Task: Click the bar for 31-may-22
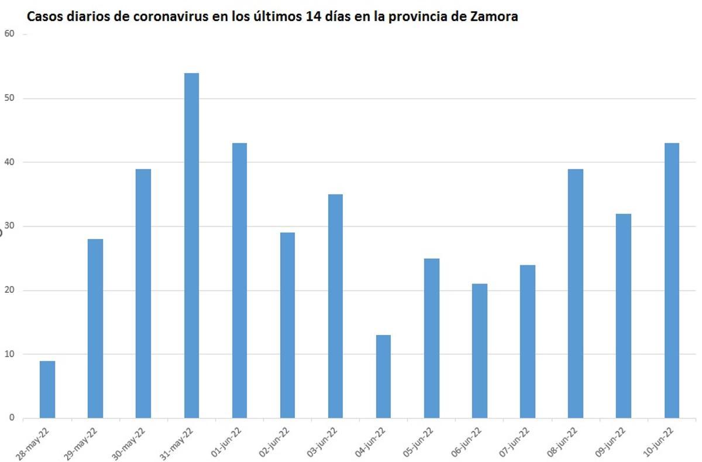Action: pos(191,246)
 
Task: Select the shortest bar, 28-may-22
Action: pos(47,389)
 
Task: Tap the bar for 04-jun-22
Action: pos(383,377)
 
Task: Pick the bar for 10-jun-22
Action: pos(672,280)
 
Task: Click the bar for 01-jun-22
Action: pos(239,280)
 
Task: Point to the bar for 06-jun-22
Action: pos(480,351)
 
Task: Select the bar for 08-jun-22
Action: pos(576,293)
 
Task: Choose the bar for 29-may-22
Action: pos(95,328)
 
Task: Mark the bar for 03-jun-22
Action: pos(335,306)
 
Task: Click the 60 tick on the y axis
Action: pos(9,34)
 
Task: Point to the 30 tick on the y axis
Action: pos(9,226)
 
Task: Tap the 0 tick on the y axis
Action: pos(11,418)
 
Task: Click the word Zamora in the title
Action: pos(494,17)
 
